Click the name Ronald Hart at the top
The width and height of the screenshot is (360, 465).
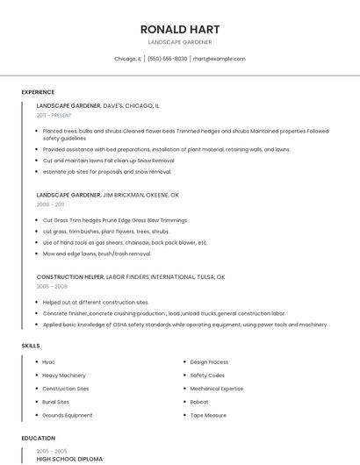[179, 29]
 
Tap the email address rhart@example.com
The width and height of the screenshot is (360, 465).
[220, 59]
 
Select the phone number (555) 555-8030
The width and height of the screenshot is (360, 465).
[167, 59]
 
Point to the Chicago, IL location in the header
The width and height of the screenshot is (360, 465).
[127, 59]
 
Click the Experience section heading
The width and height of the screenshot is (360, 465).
[38, 92]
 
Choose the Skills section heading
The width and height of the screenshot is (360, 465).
[31, 346]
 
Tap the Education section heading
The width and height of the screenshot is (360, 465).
[38, 438]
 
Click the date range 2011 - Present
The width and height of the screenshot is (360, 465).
[54, 115]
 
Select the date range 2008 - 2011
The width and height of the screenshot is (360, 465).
[50, 204]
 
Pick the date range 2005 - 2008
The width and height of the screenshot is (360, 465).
[52, 286]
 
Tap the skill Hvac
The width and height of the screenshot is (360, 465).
[48, 361]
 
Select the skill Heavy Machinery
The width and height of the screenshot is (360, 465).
[64, 375]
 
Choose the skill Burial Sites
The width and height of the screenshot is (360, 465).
[55, 402]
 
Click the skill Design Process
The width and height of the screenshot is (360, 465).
[209, 361]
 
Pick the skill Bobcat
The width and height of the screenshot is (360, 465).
[199, 402]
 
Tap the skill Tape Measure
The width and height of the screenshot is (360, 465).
[208, 415]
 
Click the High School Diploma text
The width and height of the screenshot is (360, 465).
[69, 459]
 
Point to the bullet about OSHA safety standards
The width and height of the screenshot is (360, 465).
[184, 325]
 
